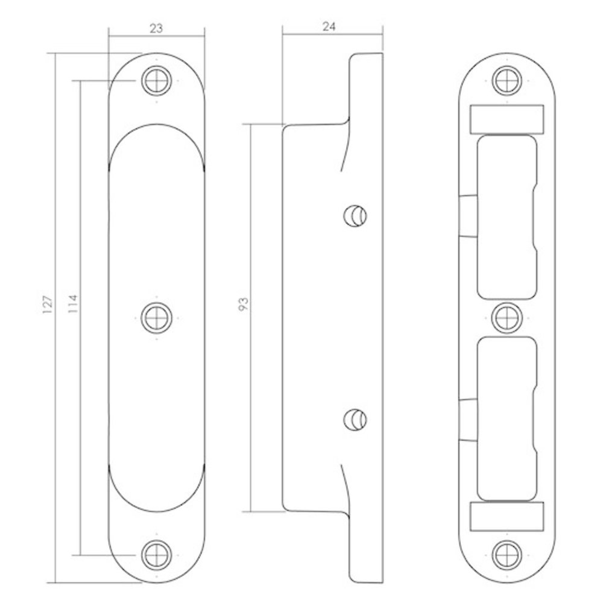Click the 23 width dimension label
(157, 28)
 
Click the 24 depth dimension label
(329, 27)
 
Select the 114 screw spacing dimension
(73, 303)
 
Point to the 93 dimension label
(244, 304)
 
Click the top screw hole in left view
(157, 81)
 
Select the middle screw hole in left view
(157, 318)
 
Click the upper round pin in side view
(355, 216)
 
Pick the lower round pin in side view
(355, 420)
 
